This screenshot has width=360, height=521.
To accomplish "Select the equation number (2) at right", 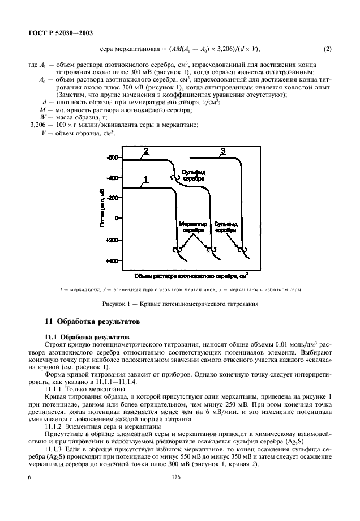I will click(x=327, y=49).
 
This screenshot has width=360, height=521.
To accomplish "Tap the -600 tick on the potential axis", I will click(x=113, y=157).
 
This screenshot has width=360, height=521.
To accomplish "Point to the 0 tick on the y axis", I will click(x=116, y=218).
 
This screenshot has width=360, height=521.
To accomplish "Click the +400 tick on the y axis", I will click(x=112, y=261).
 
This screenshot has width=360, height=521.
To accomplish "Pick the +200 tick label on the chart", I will click(x=112, y=240).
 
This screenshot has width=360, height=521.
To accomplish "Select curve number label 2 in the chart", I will click(x=145, y=151).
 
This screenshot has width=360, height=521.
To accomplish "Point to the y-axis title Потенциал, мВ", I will click(x=103, y=210).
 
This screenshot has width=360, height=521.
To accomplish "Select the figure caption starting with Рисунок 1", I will click(x=180, y=304).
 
